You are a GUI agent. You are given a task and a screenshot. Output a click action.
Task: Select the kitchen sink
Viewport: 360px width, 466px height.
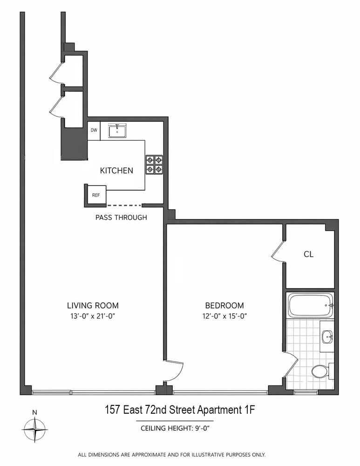[117, 131]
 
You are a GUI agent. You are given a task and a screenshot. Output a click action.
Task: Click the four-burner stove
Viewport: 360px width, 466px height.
[154, 164]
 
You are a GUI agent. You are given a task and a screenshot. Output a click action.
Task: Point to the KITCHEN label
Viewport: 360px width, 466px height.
[116, 171]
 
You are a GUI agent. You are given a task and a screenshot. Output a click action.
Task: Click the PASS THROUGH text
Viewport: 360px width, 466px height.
[121, 217]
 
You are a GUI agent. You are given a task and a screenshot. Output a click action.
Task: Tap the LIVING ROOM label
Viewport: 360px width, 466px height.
[93, 306]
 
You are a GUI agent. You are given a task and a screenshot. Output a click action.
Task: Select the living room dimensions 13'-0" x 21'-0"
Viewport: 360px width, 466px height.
[93, 316]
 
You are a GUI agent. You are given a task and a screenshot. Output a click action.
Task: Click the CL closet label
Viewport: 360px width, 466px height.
[308, 254]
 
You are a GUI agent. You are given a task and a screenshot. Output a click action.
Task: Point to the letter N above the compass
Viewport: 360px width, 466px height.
[35, 412]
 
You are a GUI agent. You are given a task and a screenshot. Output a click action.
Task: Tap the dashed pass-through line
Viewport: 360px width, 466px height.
[124, 205]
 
